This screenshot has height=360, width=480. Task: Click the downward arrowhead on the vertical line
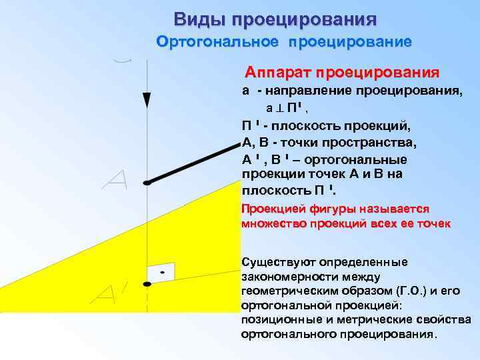[147, 100]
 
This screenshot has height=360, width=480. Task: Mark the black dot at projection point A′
[147, 284]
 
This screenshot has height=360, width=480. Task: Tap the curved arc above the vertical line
[122, 61]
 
